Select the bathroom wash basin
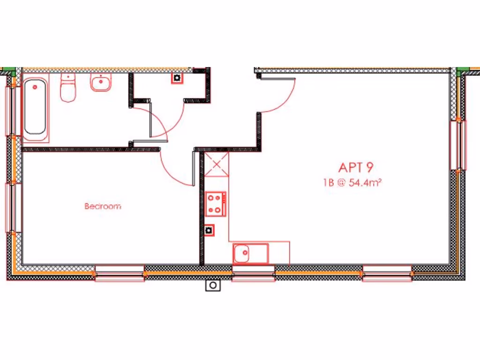[x=101, y=83]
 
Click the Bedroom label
[x=103, y=206]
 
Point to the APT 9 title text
[x=355, y=167]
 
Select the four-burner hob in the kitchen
[x=216, y=204]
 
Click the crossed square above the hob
[x=217, y=164]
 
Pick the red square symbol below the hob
[x=209, y=230]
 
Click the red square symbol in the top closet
[x=177, y=78]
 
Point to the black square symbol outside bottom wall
[x=213, y=285]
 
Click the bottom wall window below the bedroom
[x=120, y=273]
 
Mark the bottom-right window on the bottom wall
[x=387, y=273]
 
